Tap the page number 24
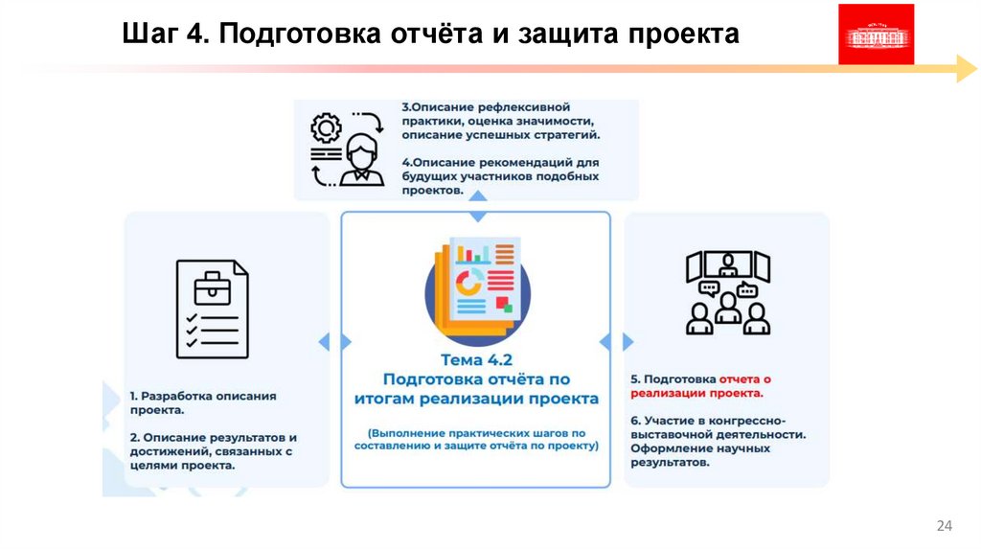(x=944, y=526)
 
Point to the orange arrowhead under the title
(x=966, y=68)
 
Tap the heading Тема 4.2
(x=475, y=360)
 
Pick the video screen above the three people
(x=728, y=265)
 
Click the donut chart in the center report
(x=469, y=282)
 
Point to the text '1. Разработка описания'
(x=202, y=395)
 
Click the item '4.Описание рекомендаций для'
(x=500, y=162)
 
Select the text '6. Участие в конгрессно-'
(x=708, y=421)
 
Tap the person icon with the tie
(x=361, y=159)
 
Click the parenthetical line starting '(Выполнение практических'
(x=475, y=432)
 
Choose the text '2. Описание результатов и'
(x=213, y=437)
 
